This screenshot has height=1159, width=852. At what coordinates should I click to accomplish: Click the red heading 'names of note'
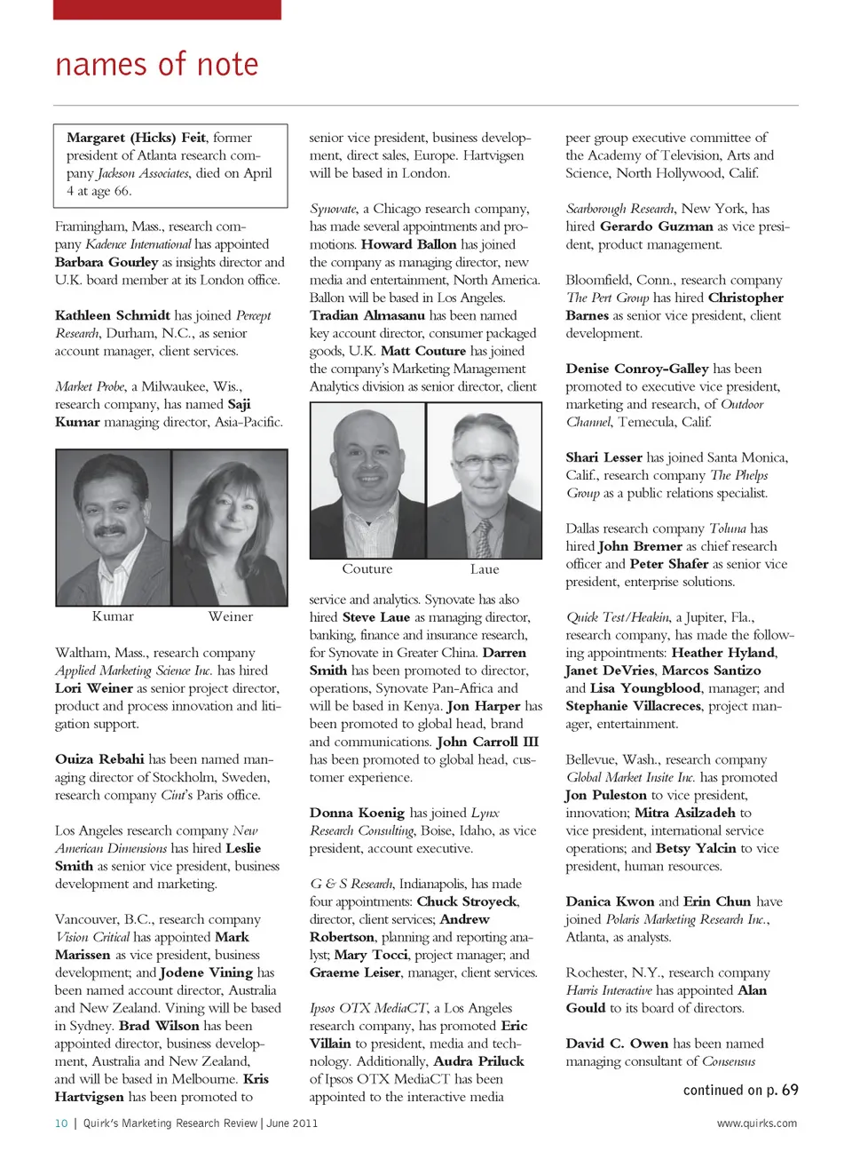[157, 65]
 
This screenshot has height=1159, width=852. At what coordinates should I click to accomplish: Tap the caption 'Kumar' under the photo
[113, 616]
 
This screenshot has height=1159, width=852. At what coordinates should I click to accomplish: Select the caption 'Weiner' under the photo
[231, 616]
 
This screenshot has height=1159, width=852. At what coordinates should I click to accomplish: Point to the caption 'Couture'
[367, 569]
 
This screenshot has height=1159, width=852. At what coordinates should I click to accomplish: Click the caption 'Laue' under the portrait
[485, 569]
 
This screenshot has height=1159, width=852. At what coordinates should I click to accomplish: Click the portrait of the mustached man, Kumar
[113, 528]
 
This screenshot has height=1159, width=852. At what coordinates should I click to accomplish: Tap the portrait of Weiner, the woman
[230, 528]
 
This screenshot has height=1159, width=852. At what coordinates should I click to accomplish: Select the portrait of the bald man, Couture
[367, 480]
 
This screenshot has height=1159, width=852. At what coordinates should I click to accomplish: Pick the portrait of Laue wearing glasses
[485, 480]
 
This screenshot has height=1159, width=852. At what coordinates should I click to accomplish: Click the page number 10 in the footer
[61, 1123]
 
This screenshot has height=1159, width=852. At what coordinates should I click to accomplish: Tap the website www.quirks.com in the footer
[757, 1123]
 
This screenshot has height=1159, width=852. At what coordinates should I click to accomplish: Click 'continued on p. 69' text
[740, 1090]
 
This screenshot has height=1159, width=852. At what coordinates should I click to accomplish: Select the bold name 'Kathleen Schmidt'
[113, 315]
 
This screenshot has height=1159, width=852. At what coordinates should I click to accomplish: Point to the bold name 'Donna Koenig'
[357, 813]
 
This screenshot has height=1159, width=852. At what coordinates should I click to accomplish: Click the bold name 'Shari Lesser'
[603, 457]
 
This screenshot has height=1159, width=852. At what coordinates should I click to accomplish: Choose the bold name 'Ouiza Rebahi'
[99, 759]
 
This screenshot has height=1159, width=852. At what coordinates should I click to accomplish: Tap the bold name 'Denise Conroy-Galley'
[637, 369]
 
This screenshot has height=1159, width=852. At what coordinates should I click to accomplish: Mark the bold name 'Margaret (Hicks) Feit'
[137, 138]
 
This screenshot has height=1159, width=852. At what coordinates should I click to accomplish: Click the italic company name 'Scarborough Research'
[620, 209]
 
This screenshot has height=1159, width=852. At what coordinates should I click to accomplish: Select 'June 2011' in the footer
[292, 1123]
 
